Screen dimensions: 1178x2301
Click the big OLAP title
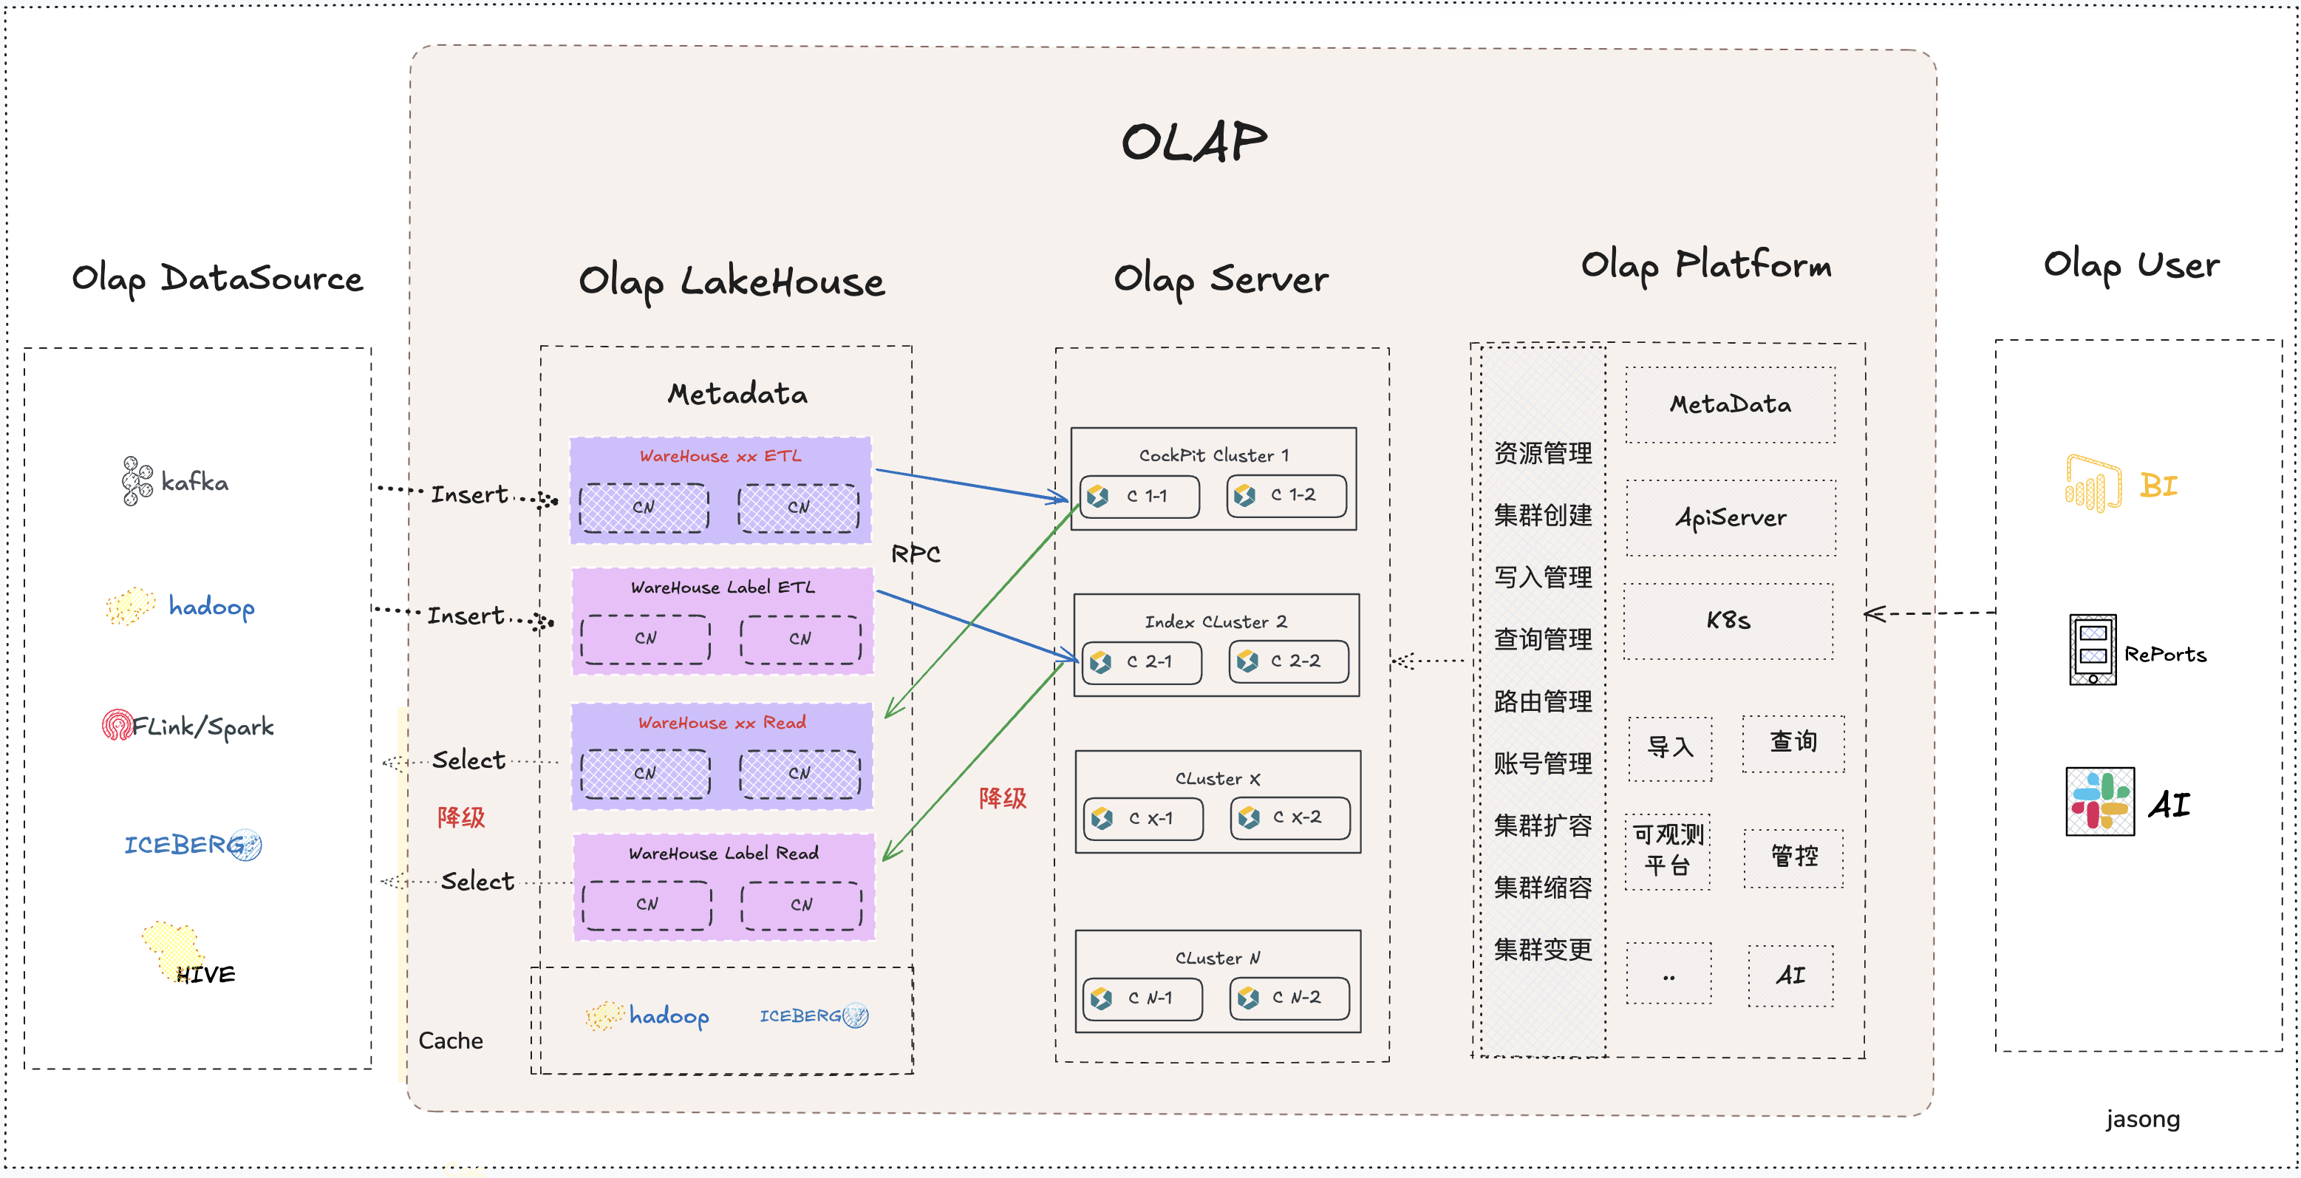(x=1193, y=143)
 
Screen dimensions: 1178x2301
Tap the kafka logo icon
(x=137, y=481)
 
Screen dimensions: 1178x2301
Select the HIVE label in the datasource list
(x=205, y=973)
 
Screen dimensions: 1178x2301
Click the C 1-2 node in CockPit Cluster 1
(x=1286, y=496)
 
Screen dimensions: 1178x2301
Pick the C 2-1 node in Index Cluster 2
(x=1142, y=661)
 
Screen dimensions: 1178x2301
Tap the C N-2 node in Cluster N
(x=1289, y=998)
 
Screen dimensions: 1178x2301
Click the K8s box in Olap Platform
(x=1728, y=621)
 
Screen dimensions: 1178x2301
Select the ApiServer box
(x=1731, y=518)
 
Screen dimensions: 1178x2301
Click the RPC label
(x=916, y=554)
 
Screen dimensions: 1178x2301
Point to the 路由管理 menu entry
(x=1543, y=701)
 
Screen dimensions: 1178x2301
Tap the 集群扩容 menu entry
(x=1543, y=825)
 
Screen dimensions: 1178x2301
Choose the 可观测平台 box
(x=1667, y=850)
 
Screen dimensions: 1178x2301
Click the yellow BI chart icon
(x=2093, y=484)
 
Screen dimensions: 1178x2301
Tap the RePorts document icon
(x=2092, y=650)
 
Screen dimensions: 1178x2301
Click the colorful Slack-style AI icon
(x=2100, y=801)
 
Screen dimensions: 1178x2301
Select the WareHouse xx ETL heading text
(x=720, y=455)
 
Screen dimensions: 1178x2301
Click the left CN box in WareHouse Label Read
(x=647, y=904)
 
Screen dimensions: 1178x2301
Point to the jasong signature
(x=2142, y=1119)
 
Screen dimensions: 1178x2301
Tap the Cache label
(x=450, y=1041)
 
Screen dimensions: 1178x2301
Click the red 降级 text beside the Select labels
(x=461, y=817)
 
